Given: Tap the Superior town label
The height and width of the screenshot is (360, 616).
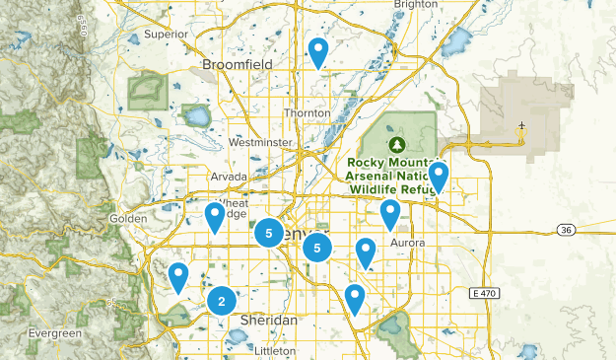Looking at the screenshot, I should pos(165,34).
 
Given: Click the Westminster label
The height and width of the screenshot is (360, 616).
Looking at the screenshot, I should pos(260,142).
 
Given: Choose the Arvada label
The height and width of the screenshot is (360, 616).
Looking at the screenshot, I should pos(229,177).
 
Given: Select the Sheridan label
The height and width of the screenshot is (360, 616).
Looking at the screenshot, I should pos(268,321).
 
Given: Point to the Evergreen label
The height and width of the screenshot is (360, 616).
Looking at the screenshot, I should pos(55,333).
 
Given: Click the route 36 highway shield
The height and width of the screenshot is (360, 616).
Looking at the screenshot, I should pos(565,230).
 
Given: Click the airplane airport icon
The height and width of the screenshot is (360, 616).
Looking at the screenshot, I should pos(521,126).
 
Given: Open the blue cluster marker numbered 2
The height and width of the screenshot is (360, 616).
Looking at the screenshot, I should pos(222,302).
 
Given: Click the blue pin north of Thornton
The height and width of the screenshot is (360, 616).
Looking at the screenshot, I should pos(317,50).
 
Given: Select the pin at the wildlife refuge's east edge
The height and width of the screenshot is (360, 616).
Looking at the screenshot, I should pos(439,176).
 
